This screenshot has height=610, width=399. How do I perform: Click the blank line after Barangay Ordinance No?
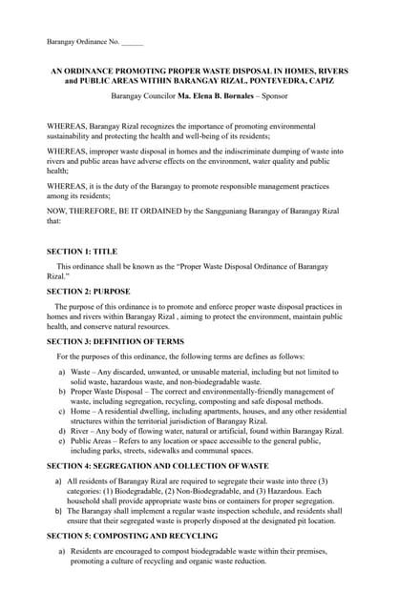pos(133,41)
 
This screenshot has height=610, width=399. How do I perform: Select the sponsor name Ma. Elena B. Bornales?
pos(211,96)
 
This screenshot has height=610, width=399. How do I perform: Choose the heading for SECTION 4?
pos(157,464)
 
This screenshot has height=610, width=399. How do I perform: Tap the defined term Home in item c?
pos(82,411)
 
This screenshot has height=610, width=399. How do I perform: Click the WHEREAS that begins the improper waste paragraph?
pos(71,151)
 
